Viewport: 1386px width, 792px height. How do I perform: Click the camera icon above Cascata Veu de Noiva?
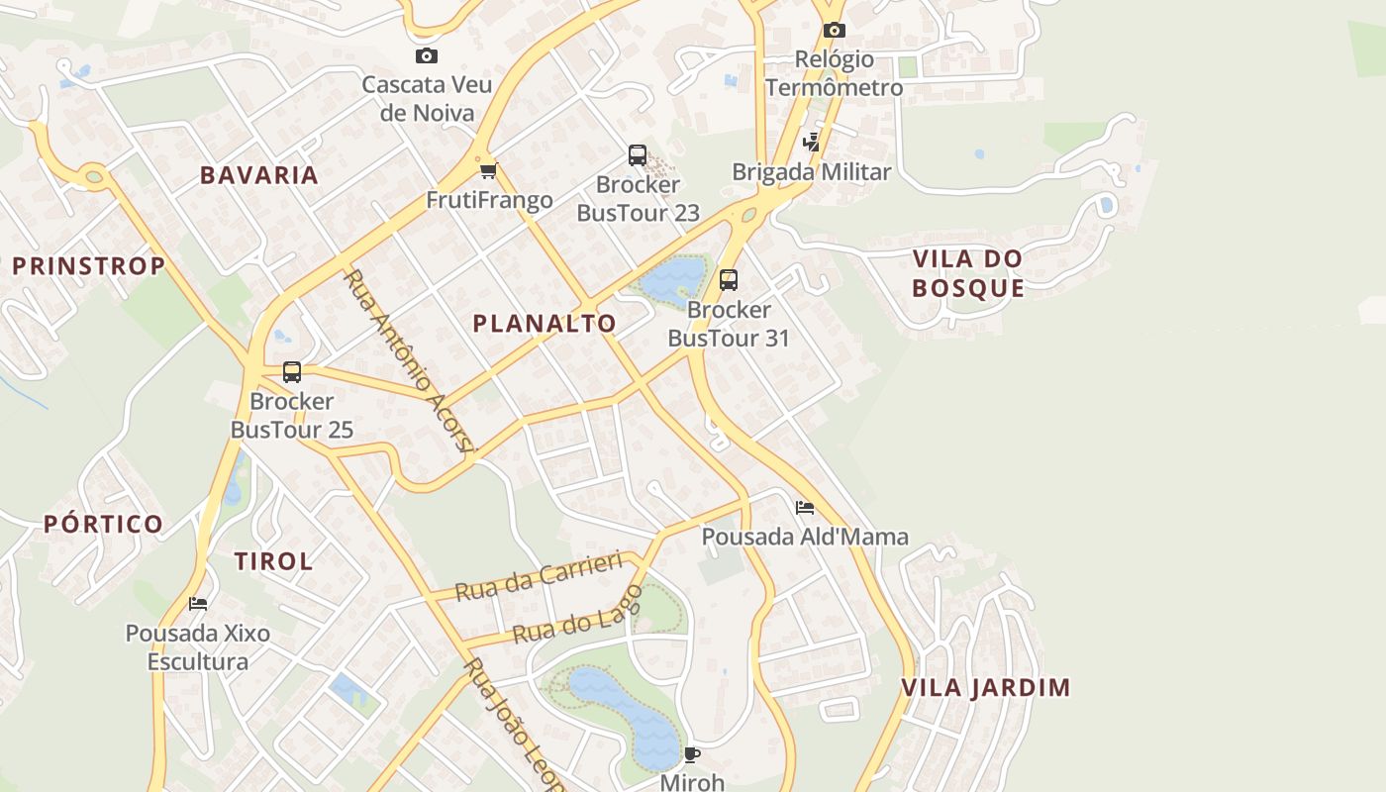427,56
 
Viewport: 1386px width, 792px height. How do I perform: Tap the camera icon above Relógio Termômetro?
835,31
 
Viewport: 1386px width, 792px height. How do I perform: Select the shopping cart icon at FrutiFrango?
488,171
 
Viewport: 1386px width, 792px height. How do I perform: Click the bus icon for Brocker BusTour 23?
638,155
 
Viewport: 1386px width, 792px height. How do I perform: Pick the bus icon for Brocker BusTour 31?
729,280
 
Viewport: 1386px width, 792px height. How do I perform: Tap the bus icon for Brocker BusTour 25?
292,372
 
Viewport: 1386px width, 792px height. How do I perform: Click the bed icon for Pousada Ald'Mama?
805,508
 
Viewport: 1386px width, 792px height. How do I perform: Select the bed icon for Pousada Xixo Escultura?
198,603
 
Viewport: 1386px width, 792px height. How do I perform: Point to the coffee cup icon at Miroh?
692,754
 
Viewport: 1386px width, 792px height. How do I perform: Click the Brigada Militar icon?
812,143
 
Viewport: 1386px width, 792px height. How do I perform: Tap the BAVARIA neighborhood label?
259,175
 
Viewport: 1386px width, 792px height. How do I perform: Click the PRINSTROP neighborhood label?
88,266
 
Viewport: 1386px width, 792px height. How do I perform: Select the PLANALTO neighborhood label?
544,324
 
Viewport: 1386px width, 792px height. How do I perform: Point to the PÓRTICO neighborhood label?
103,524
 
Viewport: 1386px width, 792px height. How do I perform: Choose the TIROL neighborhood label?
273,561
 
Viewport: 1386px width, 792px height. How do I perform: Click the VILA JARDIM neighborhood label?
986,687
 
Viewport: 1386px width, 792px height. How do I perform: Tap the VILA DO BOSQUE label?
968,273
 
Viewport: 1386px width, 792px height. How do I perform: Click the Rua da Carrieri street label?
539,577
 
